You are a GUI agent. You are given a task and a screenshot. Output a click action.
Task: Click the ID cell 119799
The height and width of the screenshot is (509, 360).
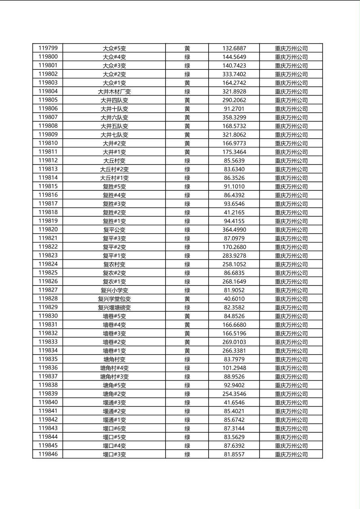click(48, 48)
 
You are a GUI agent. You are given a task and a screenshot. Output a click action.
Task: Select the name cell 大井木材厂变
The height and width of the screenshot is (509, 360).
click(114, 92)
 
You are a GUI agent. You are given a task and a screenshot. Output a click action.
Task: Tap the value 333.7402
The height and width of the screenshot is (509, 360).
click(234, 74)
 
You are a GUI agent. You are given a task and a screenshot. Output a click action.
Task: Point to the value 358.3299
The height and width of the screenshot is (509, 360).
click(234, 117)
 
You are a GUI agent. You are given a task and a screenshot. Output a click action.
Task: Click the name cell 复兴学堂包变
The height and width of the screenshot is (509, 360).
click(114, 299)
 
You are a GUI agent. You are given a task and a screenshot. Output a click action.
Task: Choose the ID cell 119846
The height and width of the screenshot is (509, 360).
click(48, 454)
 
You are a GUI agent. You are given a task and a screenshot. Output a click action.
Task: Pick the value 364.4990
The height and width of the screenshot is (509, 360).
click(234, 230)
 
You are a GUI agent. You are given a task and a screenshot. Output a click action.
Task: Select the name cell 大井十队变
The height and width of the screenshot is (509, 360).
click(114, 109)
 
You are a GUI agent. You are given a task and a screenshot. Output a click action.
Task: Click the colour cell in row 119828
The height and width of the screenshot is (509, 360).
click(187, 299)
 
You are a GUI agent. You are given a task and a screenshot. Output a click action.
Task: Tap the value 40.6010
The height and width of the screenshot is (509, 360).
click(234, 299)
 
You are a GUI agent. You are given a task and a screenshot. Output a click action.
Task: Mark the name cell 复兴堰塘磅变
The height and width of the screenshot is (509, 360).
click(114, 308)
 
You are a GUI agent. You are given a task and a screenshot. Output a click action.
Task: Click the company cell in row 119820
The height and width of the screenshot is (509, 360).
click(291, 230)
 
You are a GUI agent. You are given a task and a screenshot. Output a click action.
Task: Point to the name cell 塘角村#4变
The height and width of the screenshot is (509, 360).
click(114, 368)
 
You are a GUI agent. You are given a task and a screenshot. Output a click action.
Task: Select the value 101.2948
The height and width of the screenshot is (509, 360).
click(234, 368)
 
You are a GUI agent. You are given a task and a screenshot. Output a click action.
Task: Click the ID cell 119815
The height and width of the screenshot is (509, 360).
click(48, 186)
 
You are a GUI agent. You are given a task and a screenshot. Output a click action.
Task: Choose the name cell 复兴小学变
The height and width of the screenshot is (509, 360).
click(114, 290)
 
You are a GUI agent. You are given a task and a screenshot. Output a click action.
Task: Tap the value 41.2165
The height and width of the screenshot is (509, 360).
click(234, 213)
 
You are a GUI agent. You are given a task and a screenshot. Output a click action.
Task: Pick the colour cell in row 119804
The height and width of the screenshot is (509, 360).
click(187, 92)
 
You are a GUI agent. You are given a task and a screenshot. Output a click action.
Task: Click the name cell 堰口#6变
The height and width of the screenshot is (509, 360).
click(114, 428)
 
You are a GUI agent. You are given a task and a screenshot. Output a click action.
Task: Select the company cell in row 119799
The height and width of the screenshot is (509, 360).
click(291, 48)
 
